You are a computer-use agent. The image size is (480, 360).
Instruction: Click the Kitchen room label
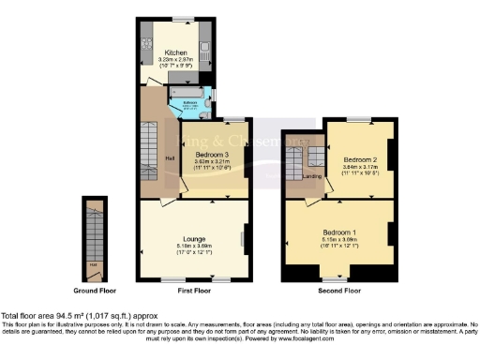176,52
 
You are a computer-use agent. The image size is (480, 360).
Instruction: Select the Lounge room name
194,238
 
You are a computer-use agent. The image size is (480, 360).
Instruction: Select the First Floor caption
194,291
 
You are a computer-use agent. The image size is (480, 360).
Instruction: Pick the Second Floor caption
339,291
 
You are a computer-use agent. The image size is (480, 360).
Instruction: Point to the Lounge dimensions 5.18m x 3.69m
194,246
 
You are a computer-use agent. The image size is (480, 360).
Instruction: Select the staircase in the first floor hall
150,141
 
